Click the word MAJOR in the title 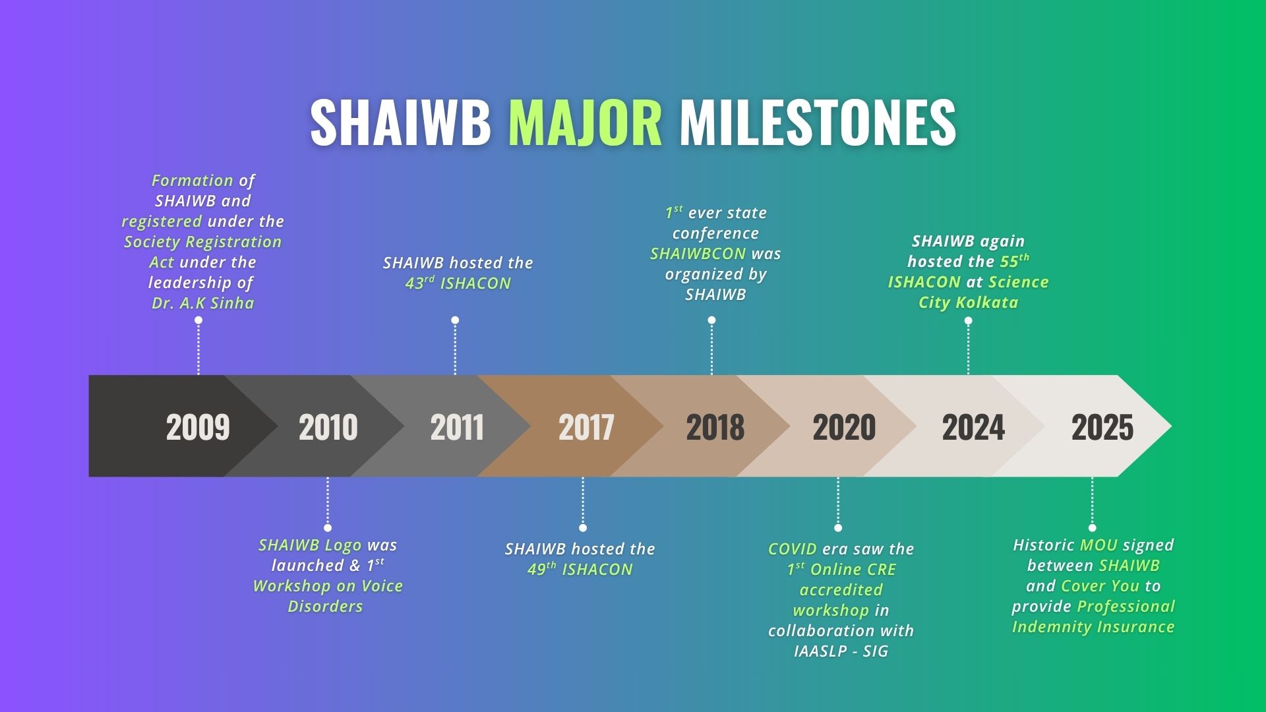tap(585, 123)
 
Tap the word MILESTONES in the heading tap(818, 123)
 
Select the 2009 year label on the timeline tap(198, 427)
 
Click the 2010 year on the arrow tap(328, 427)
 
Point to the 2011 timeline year tap(457, 427)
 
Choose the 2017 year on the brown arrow tap(586, 427)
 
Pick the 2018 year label tap(715, 427)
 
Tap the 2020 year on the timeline tap(844, 427)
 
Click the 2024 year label tap(973, 427)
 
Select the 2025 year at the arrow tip tap(1102, 427)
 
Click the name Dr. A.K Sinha tap(203, 303)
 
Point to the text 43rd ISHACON tap(458, 283)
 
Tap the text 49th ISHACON tap(580, 570)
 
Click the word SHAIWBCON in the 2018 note tap(698, 254)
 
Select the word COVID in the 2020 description tap(793, 549)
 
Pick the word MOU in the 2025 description tap(1099, 545)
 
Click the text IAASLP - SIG tap(841, 651)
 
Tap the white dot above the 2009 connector tap(198, 320)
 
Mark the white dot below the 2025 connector tap(1093, 527)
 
